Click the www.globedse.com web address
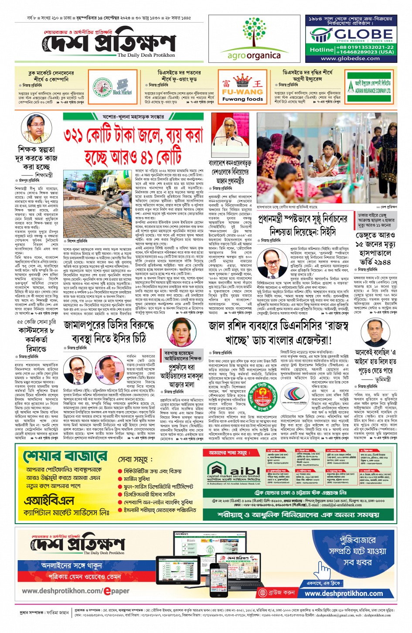[x=351, y=58]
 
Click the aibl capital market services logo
[x=234, y=473]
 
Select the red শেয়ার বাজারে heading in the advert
[x=65, y=456]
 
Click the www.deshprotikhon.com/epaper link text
[x=76, y=591]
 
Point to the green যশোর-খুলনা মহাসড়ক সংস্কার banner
[x=133, y=116]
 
